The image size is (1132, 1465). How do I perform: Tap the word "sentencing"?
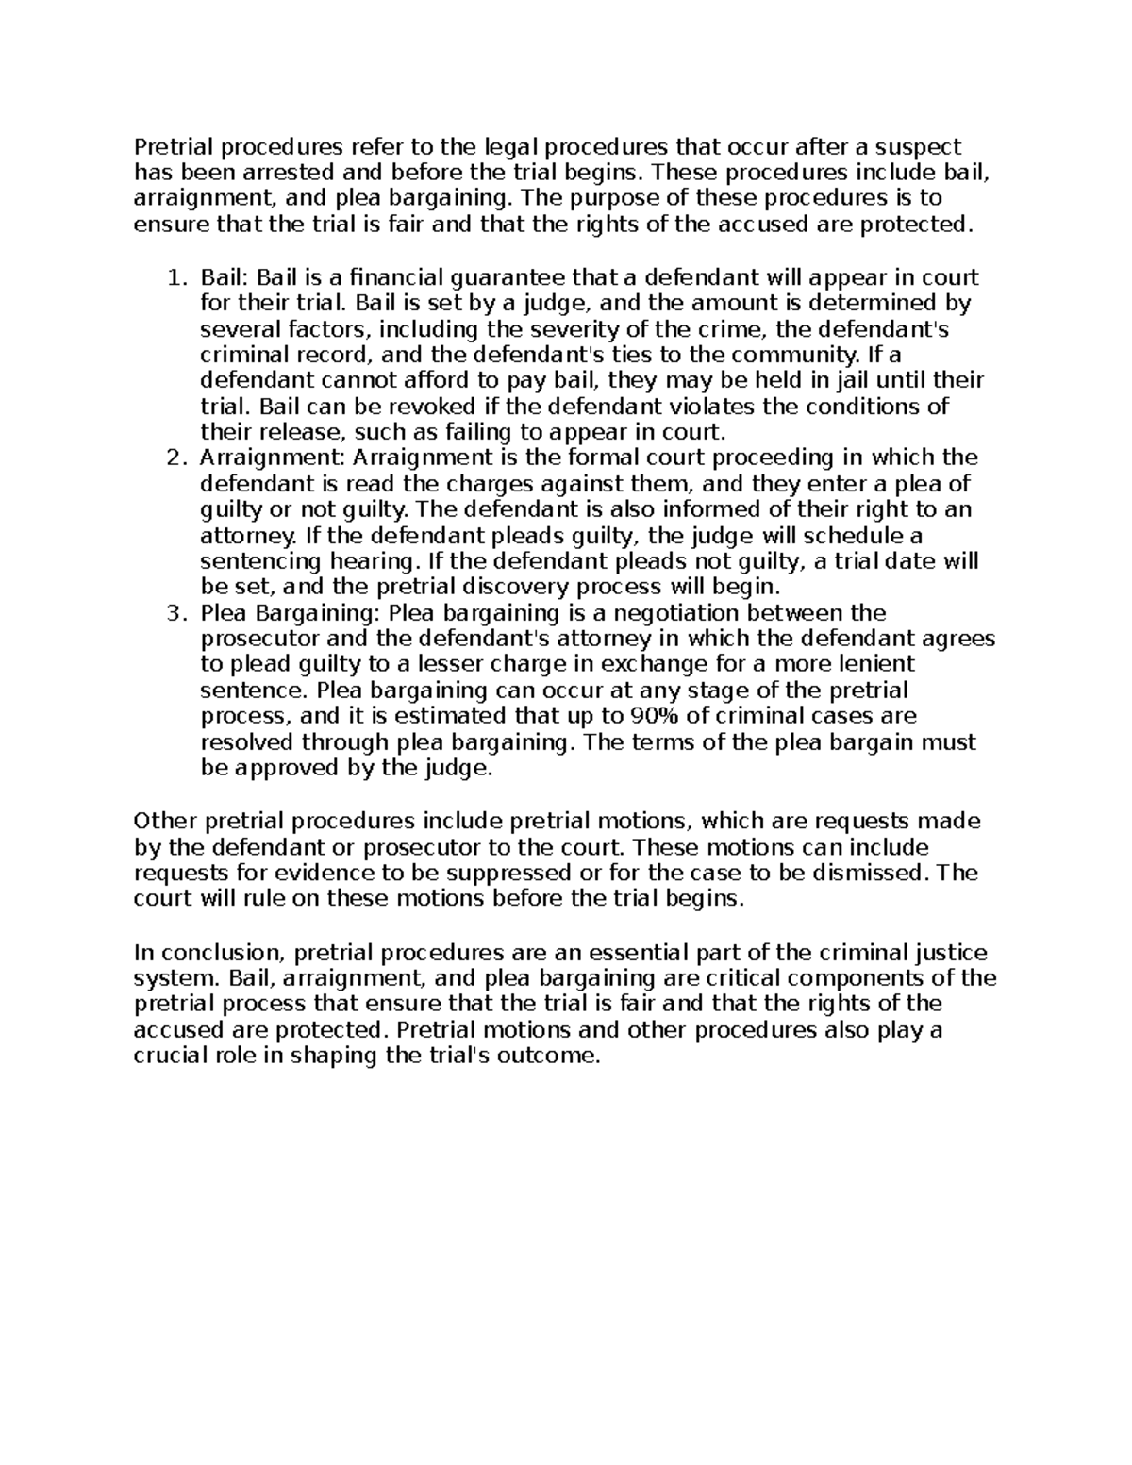261,561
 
